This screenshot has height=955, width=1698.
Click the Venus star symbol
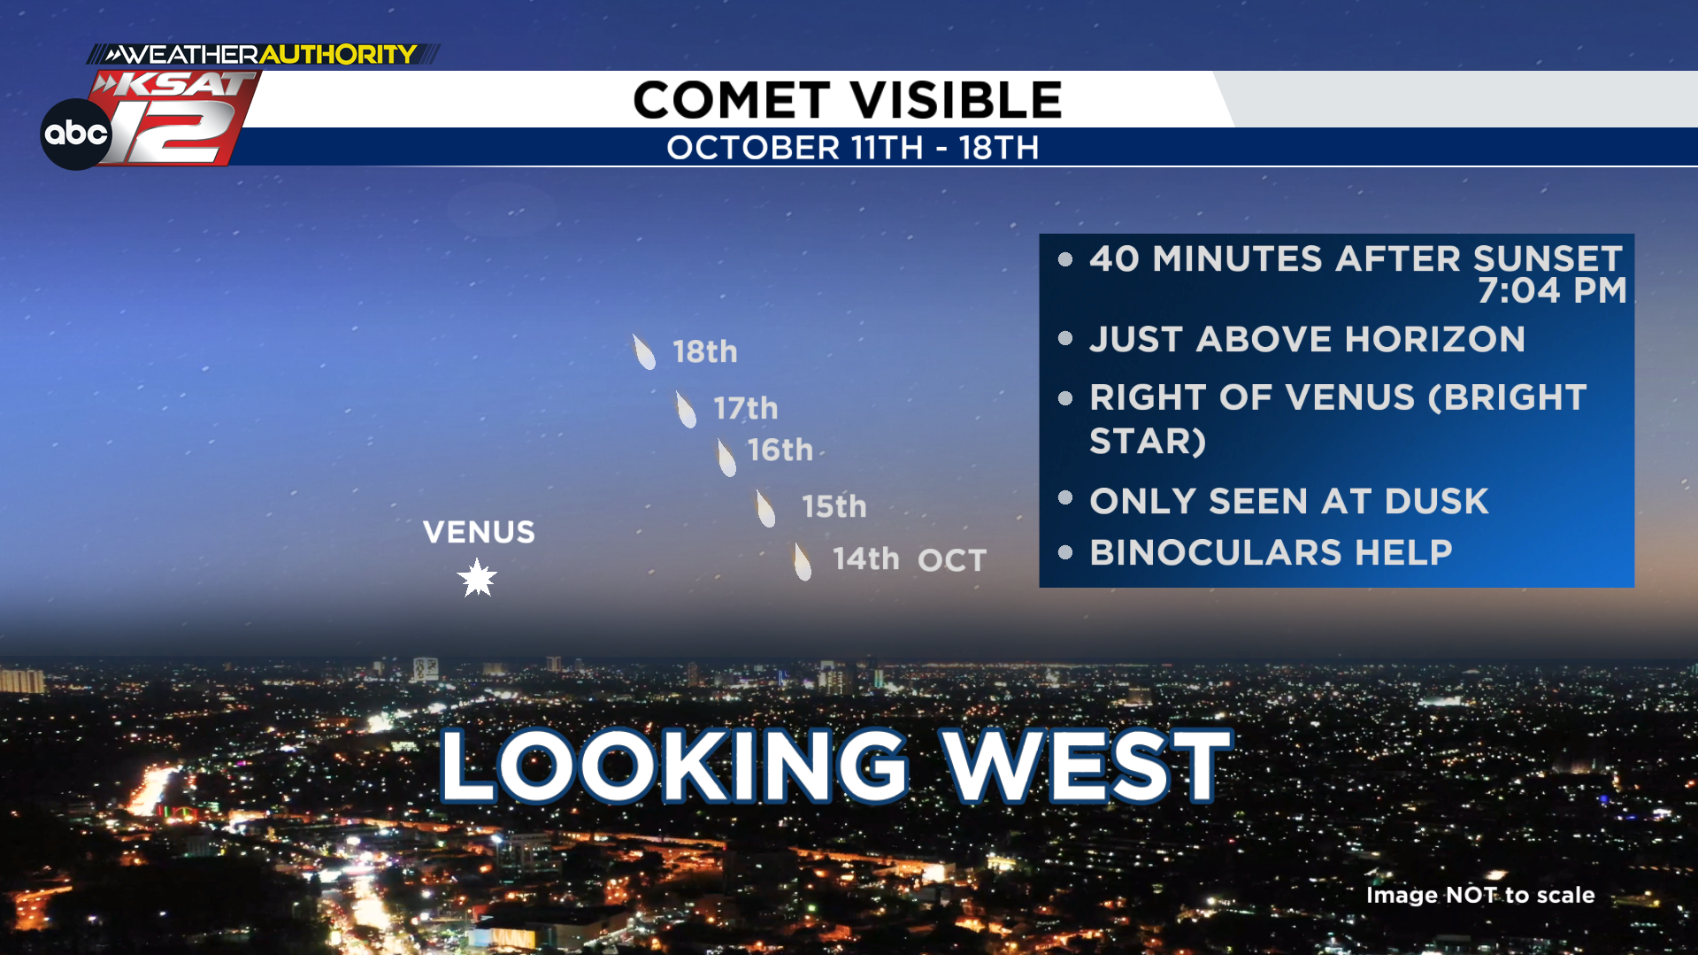[477, 578]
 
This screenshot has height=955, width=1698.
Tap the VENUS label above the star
[479, 532]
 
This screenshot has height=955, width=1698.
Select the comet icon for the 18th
[644, 352]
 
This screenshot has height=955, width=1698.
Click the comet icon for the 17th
[686, 410]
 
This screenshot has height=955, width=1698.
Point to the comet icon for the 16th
[726, 458]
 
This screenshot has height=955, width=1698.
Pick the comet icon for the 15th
[765, 509]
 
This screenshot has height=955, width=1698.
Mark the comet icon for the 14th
[802, 562]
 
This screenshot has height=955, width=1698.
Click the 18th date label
[705, 351]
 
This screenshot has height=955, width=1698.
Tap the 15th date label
[834, 506]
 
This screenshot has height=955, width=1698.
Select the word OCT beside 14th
[952, 560]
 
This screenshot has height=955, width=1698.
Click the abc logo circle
[76, 134]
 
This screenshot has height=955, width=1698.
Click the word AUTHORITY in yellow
[338, 55]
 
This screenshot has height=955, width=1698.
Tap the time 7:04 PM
[1552, 290]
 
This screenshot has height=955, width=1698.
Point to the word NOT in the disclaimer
[1471, 895]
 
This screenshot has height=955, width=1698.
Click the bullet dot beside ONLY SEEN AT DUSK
[1065, 497]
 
